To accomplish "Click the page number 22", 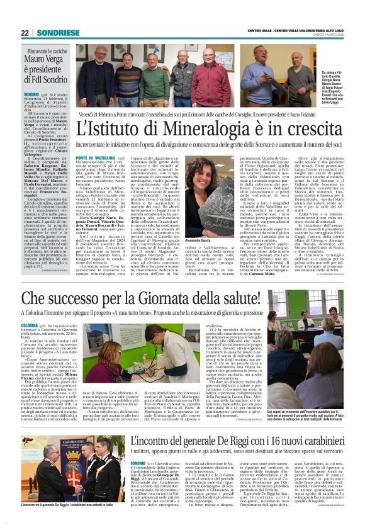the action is (x=25, y=33).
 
